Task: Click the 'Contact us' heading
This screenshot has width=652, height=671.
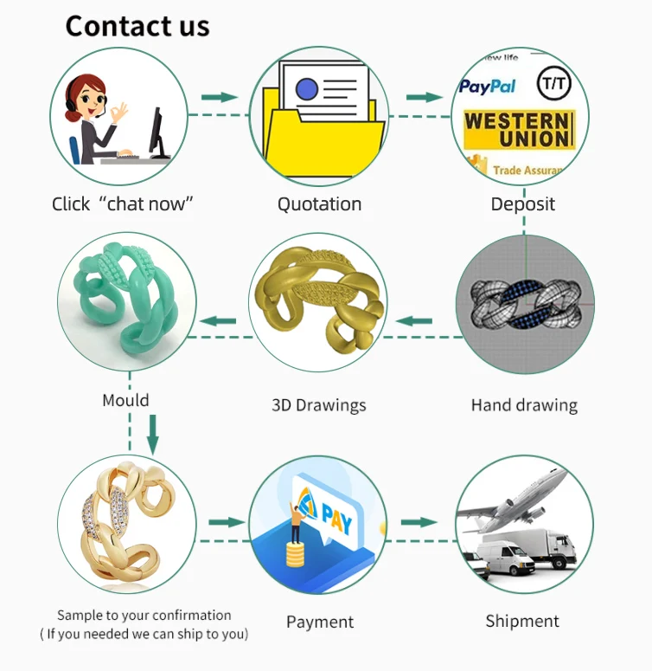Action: (137, 26)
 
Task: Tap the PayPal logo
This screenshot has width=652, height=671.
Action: (487, 86)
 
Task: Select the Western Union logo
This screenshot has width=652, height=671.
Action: (517, 130)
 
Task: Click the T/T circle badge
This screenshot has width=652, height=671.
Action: (553, 84)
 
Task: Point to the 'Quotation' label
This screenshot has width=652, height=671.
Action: (319, 204)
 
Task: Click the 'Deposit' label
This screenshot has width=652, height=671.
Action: (522, 204)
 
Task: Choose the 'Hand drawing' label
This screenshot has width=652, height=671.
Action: (524, 404)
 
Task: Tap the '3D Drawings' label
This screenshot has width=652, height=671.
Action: (318, 404)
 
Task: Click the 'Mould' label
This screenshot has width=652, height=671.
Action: (125, 400)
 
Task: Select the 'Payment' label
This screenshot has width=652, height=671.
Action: (319, 622)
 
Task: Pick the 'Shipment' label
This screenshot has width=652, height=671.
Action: (522, 621)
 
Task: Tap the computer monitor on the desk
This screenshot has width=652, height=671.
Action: (157, 131)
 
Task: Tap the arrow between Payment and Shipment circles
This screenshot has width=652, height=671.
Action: (419, 522)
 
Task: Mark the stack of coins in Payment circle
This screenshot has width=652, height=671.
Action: (298, 551)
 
